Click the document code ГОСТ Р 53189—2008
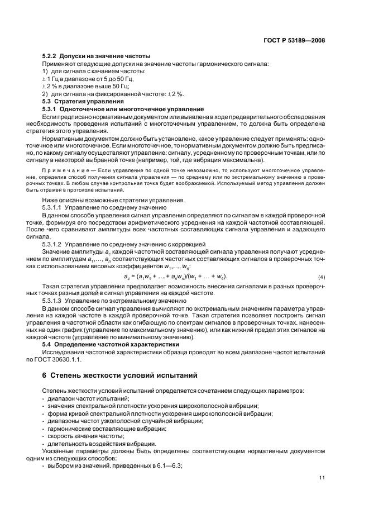[296, 41]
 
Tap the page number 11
[322, 477]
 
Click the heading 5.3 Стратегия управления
[76, 101]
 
